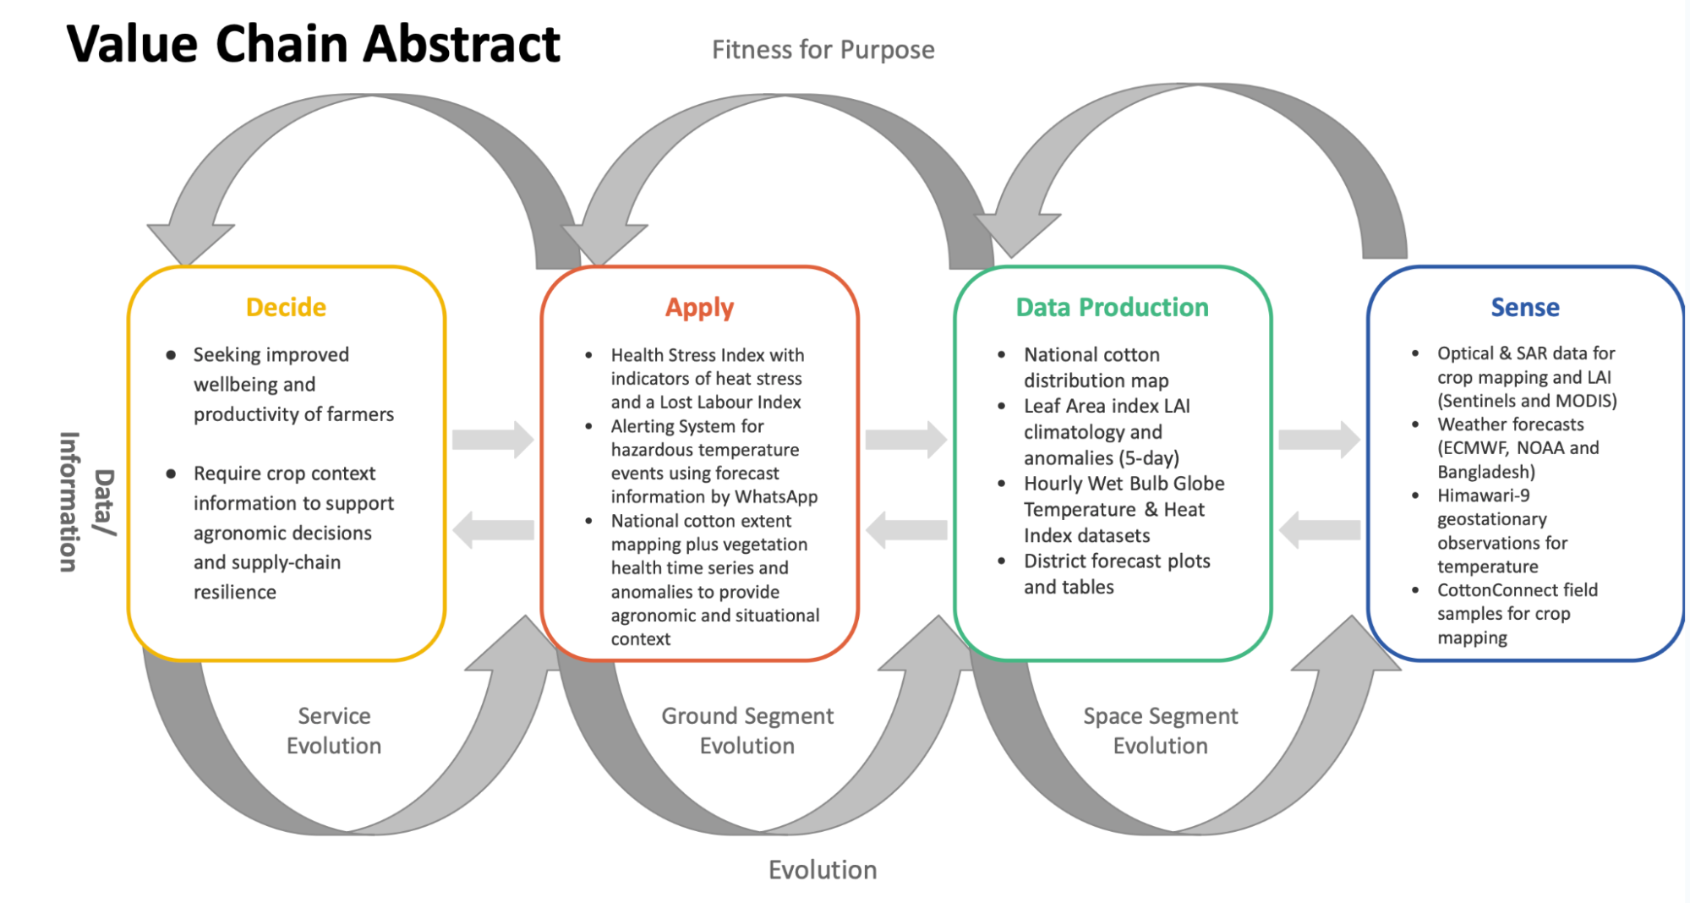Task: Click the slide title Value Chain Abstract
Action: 313,44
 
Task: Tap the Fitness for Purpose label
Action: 823,50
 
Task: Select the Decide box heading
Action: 286,307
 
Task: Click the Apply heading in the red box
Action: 699,308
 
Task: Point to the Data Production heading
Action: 1112,307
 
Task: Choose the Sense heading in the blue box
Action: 1524,307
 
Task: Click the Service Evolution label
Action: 334,731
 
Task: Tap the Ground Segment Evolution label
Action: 747,731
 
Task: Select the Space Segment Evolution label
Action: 1160,731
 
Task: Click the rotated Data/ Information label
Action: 87,502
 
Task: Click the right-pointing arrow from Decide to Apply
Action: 493,439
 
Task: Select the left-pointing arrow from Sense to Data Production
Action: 1320,530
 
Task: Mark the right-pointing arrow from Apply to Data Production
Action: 906,439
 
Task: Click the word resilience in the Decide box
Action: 235,592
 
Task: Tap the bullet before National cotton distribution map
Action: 1002,355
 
